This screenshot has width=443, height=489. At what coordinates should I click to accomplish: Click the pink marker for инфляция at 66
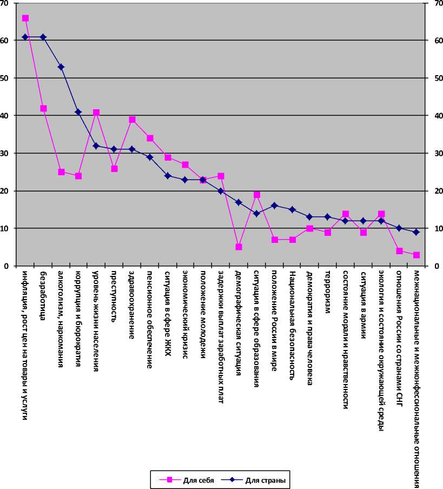25,18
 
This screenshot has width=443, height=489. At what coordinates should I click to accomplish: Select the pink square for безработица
43,108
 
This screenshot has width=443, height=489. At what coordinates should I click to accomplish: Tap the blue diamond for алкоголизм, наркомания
61,67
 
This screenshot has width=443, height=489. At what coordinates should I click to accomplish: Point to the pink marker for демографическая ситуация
239,247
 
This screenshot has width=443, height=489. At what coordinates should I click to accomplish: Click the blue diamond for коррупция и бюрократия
78,112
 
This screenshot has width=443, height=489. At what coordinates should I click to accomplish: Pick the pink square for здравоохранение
132,120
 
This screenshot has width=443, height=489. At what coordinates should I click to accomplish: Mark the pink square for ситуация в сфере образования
256,195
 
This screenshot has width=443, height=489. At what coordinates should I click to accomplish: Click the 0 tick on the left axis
6,266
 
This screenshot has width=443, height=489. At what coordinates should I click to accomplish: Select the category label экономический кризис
185,313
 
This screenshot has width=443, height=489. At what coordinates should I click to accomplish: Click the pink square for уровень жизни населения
96,113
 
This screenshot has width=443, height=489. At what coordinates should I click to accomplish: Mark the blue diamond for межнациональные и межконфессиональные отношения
416,232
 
